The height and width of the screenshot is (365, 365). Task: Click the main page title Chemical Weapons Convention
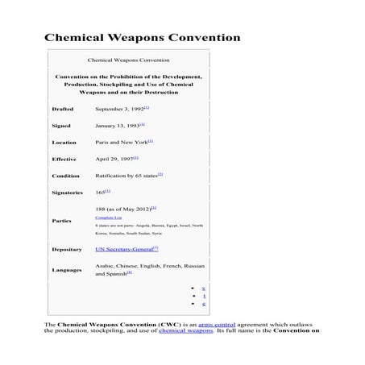coord(142,37)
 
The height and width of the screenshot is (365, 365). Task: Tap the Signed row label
coord(61,125)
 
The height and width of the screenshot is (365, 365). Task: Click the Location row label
coord(64,142)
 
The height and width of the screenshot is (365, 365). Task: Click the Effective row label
coord(64,159)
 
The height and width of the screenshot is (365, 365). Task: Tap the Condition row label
coord(65,176)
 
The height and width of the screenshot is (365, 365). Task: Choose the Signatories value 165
coord(100,193)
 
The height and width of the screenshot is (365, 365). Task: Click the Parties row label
coord(61,221)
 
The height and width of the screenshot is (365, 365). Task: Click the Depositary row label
coord(67,250)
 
